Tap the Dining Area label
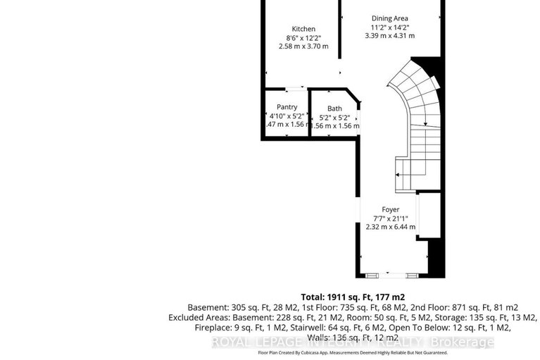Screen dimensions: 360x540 (x=389, y=18)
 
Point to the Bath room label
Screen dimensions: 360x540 (x=334, y=108)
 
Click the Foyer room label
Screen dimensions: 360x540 (x=390, y=209)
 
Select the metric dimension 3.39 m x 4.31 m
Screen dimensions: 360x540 (x=389, y=35)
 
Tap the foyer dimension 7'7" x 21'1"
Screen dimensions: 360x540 (x=390, y=218)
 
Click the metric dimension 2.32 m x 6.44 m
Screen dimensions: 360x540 (x=390, y=227)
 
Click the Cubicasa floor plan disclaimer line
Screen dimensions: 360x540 (x=352, y=352)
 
